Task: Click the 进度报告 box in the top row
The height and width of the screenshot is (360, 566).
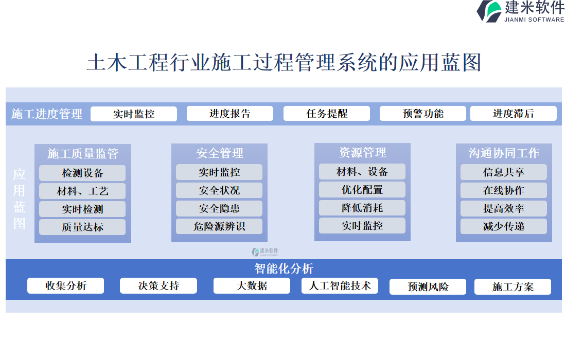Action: point(229,114)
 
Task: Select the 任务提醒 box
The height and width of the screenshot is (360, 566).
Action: point(326,114)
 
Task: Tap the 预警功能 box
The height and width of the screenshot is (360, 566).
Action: point(422,114)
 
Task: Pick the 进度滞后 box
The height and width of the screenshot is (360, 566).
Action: point(513,114)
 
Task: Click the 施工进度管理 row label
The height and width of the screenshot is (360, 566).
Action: point(47,114)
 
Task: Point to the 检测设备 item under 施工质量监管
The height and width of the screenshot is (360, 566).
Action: point(82,173)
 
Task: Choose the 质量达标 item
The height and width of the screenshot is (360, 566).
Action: point(82,227)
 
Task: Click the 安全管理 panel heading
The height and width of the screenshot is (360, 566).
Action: point(220,153)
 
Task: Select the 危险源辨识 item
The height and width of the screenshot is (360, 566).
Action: point(219,226)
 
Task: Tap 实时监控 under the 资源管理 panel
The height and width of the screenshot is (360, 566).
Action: point(362,226)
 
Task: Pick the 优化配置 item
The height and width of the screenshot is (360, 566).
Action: point(362,190)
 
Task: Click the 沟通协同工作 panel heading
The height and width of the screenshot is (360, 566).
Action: point(504,153)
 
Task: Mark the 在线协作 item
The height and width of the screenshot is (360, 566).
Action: point(503,190)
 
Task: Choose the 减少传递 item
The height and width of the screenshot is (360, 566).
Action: point(503,226)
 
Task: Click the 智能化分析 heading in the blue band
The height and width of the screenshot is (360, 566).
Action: point(284,268)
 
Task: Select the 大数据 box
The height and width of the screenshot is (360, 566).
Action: point(252,286)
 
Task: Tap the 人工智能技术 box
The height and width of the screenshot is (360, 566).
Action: point(340,286)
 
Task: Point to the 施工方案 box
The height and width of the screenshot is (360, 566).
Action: point(512,286)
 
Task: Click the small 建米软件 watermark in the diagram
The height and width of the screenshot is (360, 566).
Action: point(265,252)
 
